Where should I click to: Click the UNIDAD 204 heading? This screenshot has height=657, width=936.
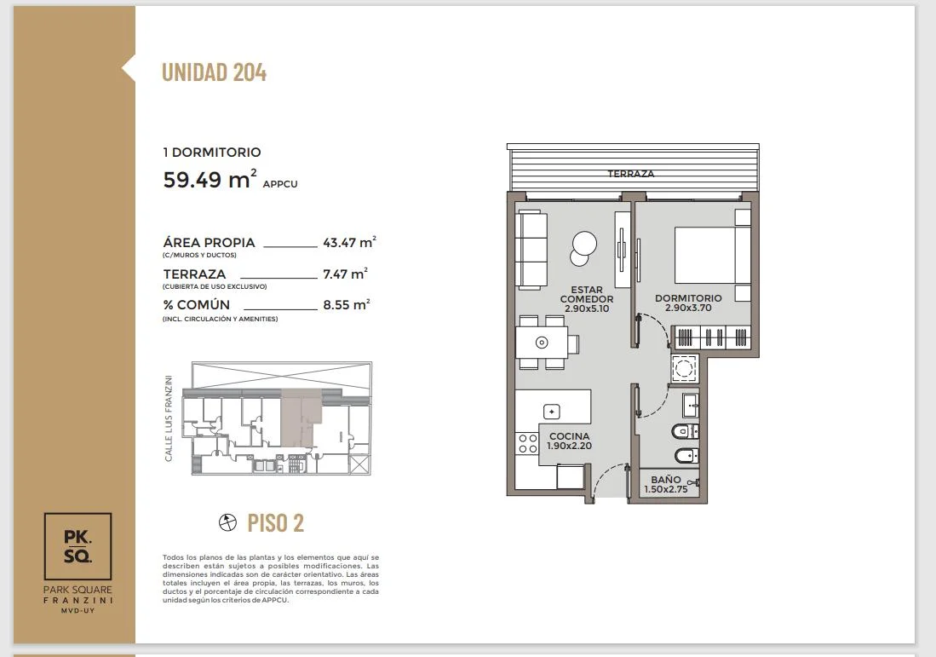tap(215, 72)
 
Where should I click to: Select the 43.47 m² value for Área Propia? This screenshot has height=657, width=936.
tap(349, 242)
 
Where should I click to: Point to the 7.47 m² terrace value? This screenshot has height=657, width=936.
tap(345, 274)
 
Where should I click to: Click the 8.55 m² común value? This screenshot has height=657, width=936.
tap(347, 304)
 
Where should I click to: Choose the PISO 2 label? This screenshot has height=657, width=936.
tap(276, 523)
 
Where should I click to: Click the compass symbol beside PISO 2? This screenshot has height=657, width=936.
tap(227, 522)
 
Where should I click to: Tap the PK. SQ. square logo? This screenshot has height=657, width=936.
tap(78, 546)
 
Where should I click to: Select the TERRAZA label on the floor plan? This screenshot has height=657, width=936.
tap(631, 174)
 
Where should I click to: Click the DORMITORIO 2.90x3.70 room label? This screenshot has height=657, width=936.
tap(688, 303)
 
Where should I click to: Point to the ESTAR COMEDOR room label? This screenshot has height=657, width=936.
tap(587, 298)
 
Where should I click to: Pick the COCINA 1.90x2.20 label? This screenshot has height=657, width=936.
tap(570, 441)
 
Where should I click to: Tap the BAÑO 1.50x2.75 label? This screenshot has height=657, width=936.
tap(665, 484)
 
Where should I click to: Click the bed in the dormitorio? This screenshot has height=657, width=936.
tap(713, 255)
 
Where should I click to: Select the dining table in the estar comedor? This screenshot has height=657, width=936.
tap(542, 343)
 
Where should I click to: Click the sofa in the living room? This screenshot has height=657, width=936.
tap(531, 250)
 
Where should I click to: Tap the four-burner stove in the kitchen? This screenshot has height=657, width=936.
tap(528, 444)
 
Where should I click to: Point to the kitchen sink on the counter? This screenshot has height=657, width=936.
tap(552, 412)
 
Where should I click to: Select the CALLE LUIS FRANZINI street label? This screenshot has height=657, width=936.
tap(169, 418)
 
